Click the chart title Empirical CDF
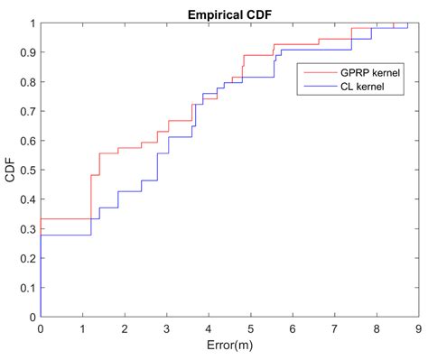click(x=229, y=14)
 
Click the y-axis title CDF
click(x=10, y=170)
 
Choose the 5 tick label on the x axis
click(x=250, y=329)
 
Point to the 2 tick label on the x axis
click(x=125, y=329)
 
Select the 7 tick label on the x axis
click(x=334, y=329)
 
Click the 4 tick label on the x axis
click(x=209, y=329)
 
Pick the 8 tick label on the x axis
click(x=377, y=329)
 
